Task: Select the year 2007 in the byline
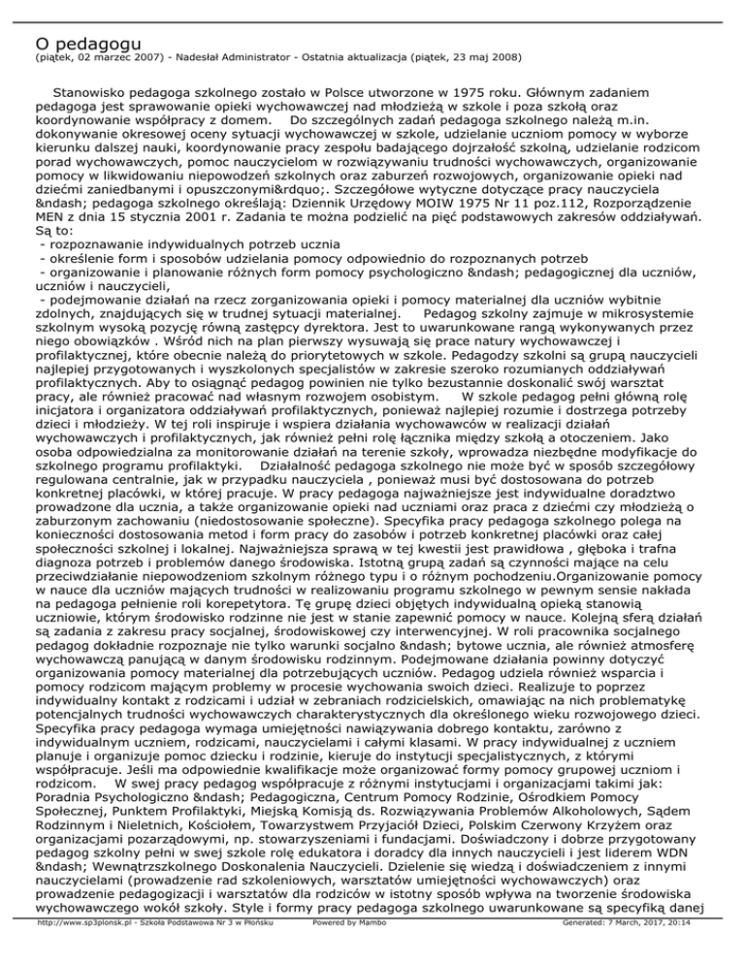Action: click(x=150, y=57)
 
